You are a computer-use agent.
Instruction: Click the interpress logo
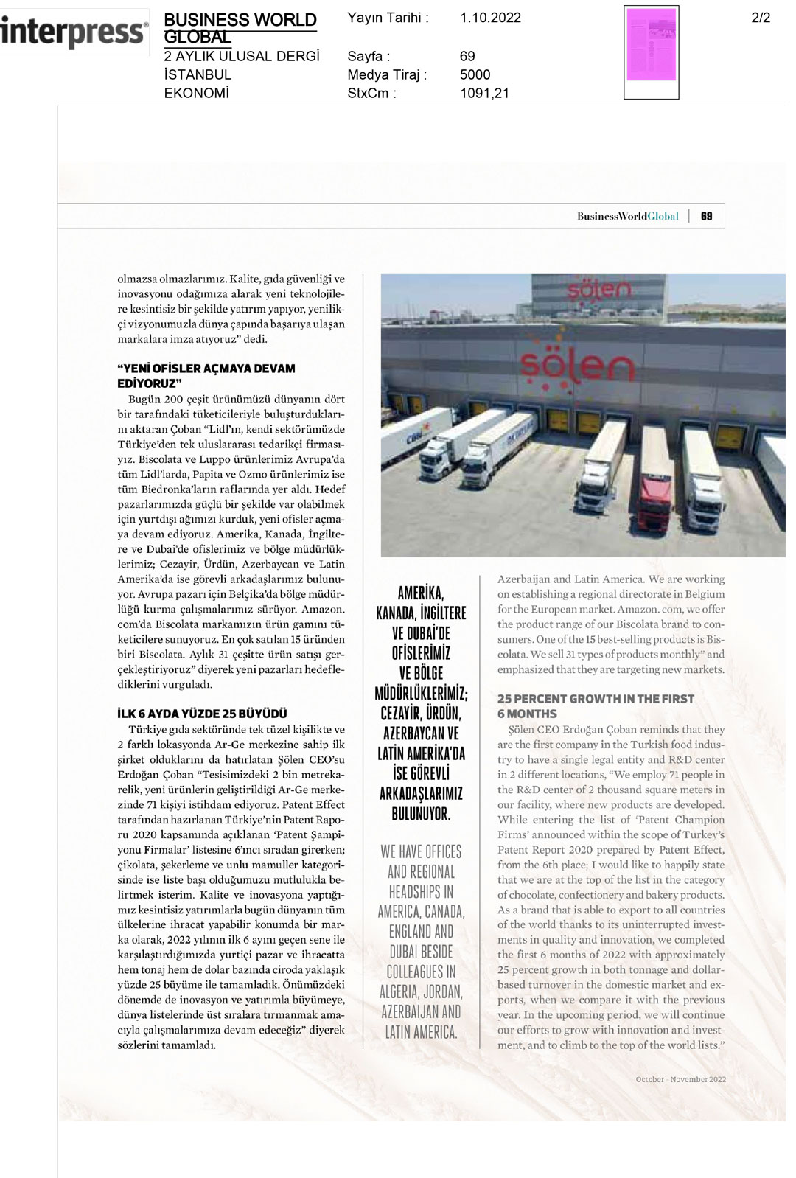pyautogui.click(x=73, y=32)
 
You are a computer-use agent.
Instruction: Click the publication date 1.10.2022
pyautogui.click(x=490, y=18)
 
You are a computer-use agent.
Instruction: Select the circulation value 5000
pyautogui.click(x=475, y=74)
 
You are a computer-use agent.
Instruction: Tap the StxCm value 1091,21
pyautogui.click(x=484, y=94)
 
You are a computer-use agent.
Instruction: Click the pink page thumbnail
pyautogui.click(x=652, y=45)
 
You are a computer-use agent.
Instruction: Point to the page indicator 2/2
pyautogui.click(x=761, y=18)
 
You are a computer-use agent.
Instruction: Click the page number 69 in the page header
pyautogui.click(x=707, y=216)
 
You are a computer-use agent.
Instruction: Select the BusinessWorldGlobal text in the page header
pyautogui.click(x=627, y=216)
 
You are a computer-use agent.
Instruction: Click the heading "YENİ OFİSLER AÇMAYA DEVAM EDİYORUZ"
pyautogui.click(x=206, y=375)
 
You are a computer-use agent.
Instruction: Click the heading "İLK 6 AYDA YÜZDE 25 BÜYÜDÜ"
pyautogui.click(x=203, y=714)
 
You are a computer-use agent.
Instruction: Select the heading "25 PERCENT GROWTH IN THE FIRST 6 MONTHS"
pyautogui.click(x=596, y=705)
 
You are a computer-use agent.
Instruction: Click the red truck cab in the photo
pyautogui.click(x=653, y=502)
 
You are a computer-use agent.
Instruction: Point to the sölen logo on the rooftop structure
pyautogui.click(x=599, y=290)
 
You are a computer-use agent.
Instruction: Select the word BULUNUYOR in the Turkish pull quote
pyautogui.click(x=421, y=814)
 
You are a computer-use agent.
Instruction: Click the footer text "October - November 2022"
pyautogui.click(x=680, y=1079)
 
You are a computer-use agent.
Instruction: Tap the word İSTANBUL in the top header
pyautogui.click(x=198, y=74)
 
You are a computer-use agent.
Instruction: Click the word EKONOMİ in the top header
pyautogui.click(x=196, y=94)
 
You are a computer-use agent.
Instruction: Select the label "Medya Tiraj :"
pyautogui.click(x=387, y=74)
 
